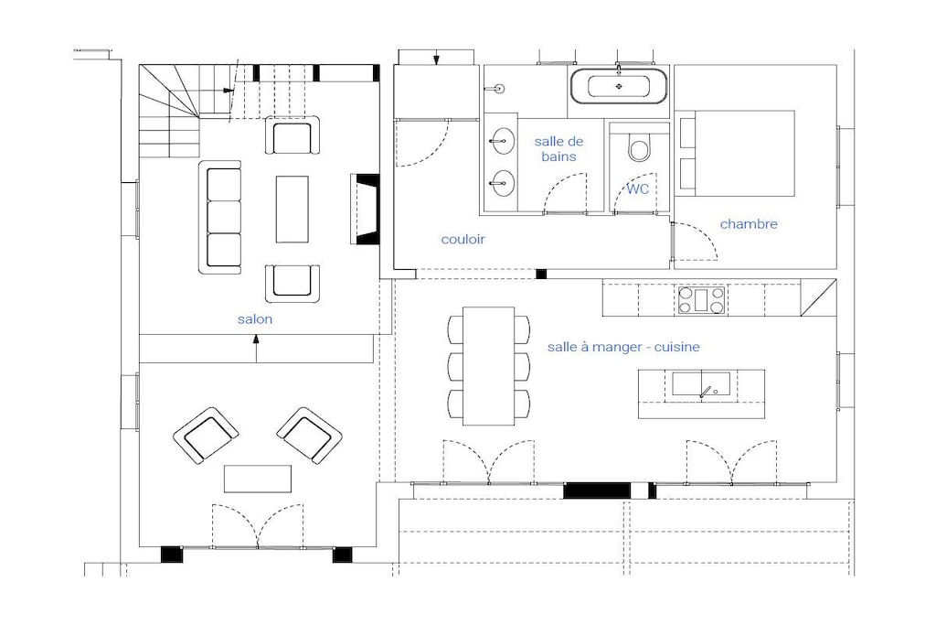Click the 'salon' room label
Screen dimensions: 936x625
click(x=255, y=319)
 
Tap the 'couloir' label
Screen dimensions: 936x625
click(x=463, y=240)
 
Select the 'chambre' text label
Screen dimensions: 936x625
click(x=749, y=224)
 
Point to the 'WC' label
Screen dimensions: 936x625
click(x=637, y=189)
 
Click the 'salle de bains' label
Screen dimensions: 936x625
click(x=558, y=149)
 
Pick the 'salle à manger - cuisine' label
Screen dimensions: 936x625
click(x=623, y=347)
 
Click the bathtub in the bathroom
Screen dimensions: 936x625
click(x=619, y=86)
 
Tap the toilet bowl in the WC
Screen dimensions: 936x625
click(x=639, y=147)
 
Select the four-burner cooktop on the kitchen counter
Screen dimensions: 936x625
click(x=701, y=300)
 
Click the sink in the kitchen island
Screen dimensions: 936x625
click(x=701, y=384)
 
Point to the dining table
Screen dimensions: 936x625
click(x=489, y=366)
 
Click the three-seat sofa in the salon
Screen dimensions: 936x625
click(x=220, y=218)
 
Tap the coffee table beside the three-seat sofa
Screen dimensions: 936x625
click(x=292, y=210)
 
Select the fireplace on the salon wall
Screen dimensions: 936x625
click(x=365, y=210)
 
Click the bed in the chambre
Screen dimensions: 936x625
click(x=738, y=154)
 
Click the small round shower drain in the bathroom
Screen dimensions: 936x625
click(x=500, y=89)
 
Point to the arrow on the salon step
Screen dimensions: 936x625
click(x=257, y=349)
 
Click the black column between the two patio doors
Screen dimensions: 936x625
click(x=597, y=490)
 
